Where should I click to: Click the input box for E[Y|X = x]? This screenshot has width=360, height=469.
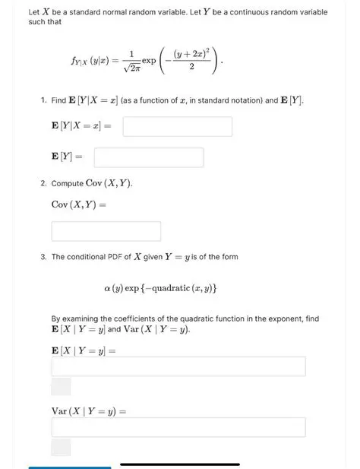pos(177,126)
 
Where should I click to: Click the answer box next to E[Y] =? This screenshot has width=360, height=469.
pos(148,157)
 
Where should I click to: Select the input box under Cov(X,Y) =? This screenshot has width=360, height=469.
pos(106,231)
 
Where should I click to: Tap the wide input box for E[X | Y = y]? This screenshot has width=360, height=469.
pos(178,366)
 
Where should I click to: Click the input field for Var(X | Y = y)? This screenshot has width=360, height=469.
pos(178,427)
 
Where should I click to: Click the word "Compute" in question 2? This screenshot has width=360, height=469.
pos(68,184)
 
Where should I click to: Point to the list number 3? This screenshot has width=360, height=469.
pos(44,257)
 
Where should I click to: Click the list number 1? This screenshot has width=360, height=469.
pos(44,100)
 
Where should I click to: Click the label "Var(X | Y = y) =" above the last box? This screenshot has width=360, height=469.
pos(88,410)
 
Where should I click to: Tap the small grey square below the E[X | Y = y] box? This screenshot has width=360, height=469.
pos(61,386)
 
